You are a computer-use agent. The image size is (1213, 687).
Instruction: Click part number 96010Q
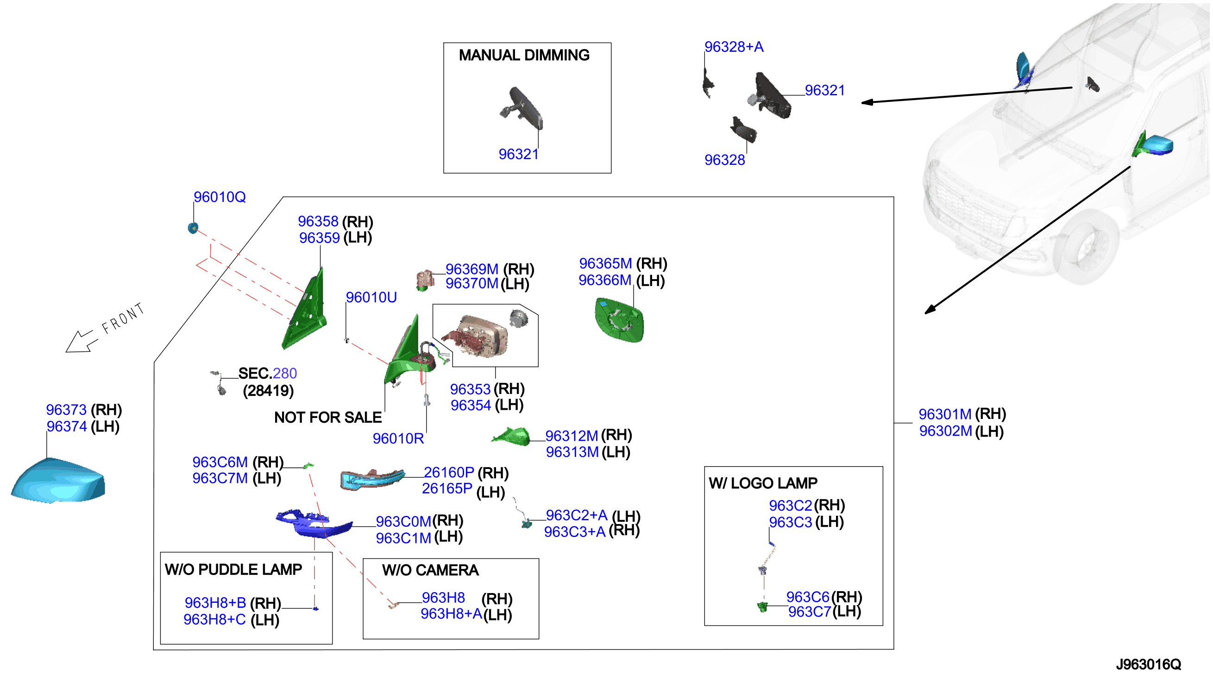pos(220,197)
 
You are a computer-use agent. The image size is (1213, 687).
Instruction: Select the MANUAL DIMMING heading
pos(524,55)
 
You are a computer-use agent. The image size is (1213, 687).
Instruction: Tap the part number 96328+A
pos(734,47)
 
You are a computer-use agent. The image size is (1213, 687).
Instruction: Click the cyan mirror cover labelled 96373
pos(58,480)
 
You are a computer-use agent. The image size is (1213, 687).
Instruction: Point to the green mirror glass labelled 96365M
pos(619,320)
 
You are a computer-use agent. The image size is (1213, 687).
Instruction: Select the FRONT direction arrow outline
pos(81,341)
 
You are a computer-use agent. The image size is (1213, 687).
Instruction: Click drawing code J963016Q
pos(1148,664)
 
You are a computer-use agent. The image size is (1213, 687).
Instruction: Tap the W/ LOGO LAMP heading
pos(763,483)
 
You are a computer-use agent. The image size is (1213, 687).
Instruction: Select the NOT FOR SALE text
pos(327,418)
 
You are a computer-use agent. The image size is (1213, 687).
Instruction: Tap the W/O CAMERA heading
pos(430,570)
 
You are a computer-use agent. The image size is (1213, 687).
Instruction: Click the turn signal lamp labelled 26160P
pos(372,479)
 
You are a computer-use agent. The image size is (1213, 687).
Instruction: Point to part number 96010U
pos(371,297)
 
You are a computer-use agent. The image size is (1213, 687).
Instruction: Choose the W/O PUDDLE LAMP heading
pos(233,569)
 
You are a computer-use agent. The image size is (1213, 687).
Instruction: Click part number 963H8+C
pos(214,619)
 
